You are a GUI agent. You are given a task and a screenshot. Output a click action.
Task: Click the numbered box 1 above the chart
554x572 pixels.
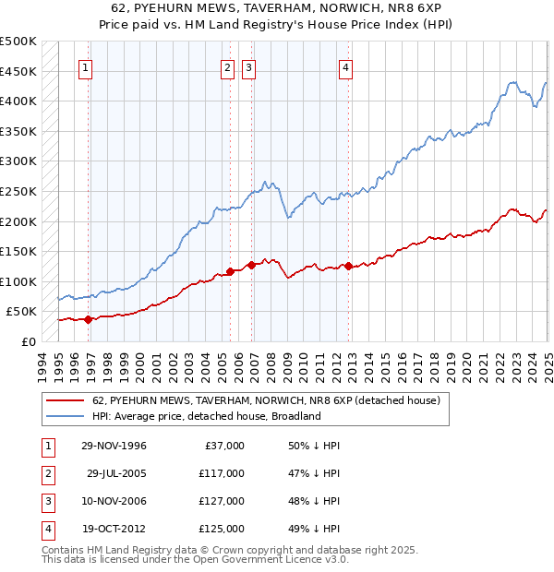85,66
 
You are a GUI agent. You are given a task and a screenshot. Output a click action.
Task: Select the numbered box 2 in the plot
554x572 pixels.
227,66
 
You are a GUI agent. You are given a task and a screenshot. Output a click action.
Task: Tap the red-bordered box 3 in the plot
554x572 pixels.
248,66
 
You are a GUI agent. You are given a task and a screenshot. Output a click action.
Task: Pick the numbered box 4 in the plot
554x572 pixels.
345,66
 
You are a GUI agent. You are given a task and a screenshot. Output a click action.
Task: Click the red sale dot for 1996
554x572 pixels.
89,320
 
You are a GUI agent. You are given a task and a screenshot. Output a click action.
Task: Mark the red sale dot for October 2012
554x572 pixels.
348,267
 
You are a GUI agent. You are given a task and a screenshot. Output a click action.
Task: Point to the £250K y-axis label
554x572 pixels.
18,191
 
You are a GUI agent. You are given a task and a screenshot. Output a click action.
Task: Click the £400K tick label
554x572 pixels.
18,101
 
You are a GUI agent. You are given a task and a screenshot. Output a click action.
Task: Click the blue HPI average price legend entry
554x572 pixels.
206,416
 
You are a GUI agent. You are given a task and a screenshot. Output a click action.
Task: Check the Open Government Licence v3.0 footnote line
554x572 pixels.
196,559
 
